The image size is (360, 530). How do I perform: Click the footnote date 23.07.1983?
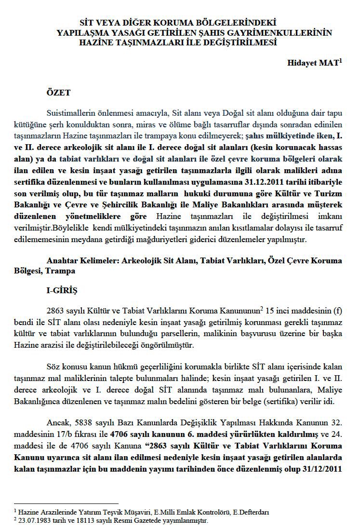tap(34, 520)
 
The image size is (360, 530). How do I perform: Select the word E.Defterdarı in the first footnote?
tap(251, 512)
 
